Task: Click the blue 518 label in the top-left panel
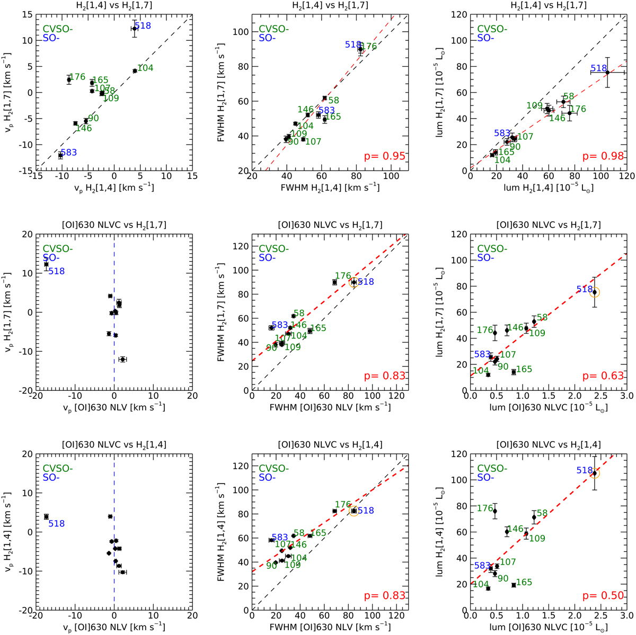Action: coord(143,25)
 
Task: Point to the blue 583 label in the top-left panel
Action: coord(70,153)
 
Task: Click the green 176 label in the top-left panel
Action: coord(77,77)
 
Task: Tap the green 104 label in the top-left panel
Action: coord(145,68)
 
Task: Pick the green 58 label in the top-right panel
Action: coord(568,96)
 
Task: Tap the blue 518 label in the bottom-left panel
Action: coord(57,524)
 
